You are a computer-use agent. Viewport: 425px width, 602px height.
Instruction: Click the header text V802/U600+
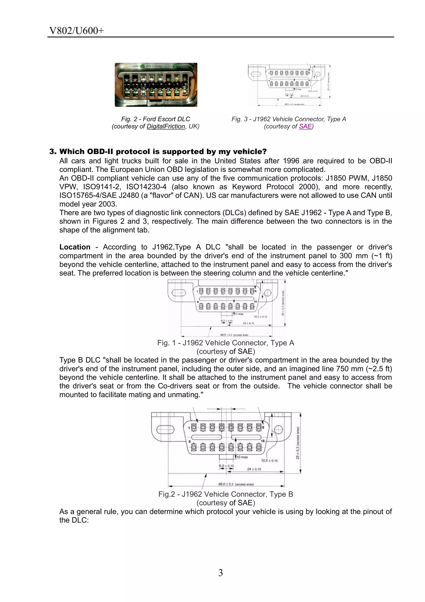[x=77, y=31]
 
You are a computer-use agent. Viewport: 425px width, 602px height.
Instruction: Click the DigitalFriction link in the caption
[x=166, y=126]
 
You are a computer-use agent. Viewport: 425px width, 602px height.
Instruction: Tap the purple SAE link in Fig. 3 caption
[x=305, y=126]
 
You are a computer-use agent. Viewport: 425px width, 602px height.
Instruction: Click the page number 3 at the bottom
[x=220, y=573]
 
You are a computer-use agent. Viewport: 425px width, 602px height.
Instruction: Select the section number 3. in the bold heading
[x=53, y=152]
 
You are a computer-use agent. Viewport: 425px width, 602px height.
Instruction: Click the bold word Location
[x=75, y=247]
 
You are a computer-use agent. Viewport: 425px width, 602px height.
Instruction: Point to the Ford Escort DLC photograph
[x=156, y=85]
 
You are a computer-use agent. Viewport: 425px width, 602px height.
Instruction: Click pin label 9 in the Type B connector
[x=189, y=441]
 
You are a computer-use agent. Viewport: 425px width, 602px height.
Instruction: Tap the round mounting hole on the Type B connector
[x=278, y=429]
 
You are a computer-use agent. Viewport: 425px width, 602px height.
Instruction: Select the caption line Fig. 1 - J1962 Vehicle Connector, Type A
[x=226, y=343]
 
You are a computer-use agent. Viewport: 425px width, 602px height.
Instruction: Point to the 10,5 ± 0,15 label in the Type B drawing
[x=269, y=460]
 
